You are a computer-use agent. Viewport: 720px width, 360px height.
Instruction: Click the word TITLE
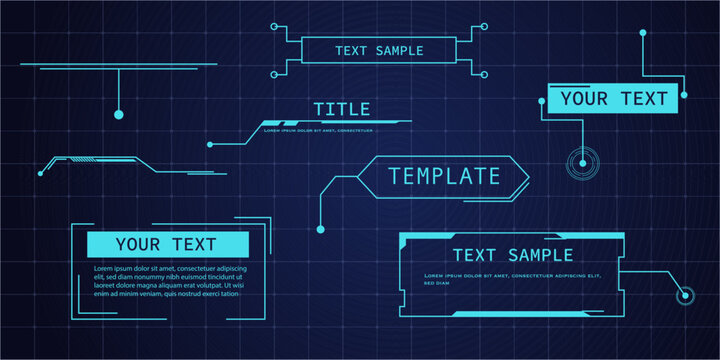pos(341,109)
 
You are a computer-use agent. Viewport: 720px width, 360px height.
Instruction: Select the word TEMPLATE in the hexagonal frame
pos(444,177)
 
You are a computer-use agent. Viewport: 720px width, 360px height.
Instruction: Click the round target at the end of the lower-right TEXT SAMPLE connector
pos(685,295)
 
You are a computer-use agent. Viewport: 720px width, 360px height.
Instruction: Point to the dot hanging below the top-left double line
pos(118,115)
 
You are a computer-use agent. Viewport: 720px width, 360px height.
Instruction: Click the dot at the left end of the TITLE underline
pos(210,144)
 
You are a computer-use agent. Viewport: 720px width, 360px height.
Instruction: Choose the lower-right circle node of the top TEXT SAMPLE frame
pos(485,73)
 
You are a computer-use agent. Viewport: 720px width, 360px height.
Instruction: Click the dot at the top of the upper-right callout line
pos(643,33)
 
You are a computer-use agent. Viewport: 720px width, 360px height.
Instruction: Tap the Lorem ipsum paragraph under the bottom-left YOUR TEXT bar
pos(168,282)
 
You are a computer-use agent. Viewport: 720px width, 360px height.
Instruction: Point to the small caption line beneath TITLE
pos(318,130)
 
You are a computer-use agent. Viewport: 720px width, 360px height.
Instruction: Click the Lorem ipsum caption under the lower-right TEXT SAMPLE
pos(512,276)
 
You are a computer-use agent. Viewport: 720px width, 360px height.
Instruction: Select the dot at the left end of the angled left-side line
pos(41,172)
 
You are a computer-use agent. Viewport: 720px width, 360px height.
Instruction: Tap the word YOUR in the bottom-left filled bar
pos(139,244)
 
